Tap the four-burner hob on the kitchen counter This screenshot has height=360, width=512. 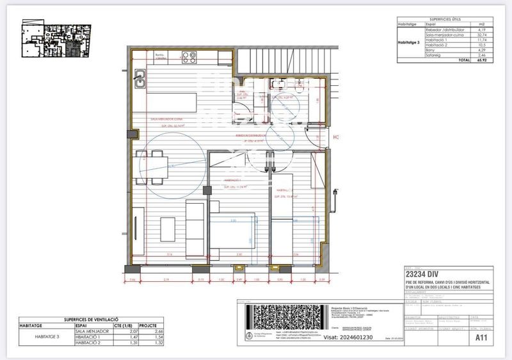click(x=189, y=57)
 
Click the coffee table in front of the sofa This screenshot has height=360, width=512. click(x=168, y=229)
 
